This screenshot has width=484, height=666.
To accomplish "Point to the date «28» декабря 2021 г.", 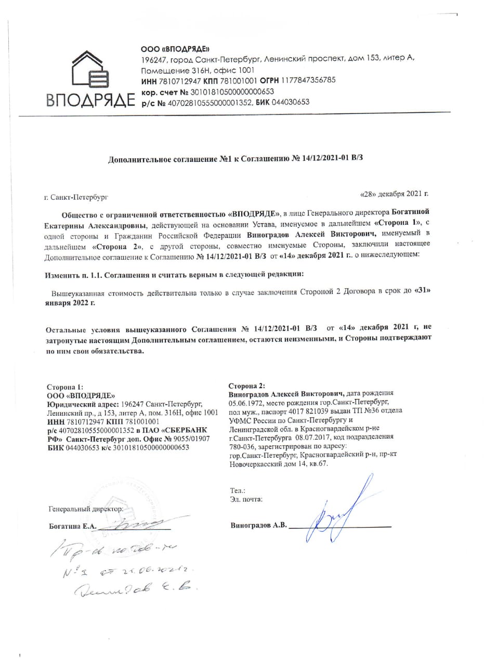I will [x=395, y=194].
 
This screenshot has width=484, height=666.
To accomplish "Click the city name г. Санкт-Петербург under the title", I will [x=77, y=197].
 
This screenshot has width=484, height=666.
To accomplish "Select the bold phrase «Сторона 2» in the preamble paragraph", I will [x=114, y=247].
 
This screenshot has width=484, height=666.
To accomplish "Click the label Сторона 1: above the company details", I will [x=64, y=387].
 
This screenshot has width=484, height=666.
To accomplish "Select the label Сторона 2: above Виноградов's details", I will [x=247, y=386].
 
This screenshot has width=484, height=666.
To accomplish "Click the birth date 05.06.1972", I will [x=246, y=403].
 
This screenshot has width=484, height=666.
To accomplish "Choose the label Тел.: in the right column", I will [x=237, y=491].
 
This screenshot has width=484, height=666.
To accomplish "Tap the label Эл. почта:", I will [x=246, y=499].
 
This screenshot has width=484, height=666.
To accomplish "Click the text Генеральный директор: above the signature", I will [x=85, y=509].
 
